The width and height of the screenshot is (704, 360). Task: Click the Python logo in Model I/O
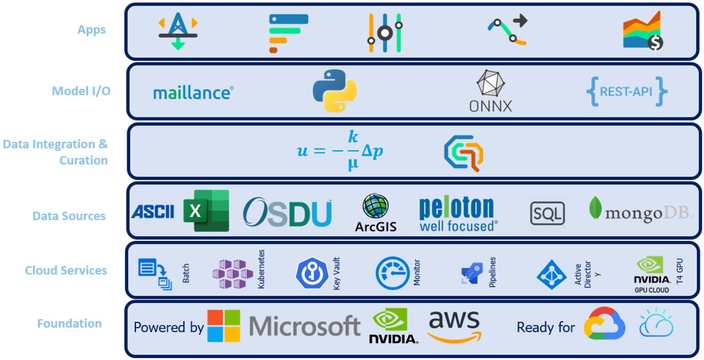pyautogui.click(x=335, y=91)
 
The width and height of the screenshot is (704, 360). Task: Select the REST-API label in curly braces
pyautogui.click(x=627, y=91)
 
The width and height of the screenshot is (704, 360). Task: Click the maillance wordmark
pyautogui.click(x=193, y=93)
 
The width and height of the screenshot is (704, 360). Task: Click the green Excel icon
pyautogui.click(x=206, y=210)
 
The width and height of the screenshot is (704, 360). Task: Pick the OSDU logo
pyautogui.click(x=287, y=212)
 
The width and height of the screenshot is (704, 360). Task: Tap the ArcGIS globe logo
pyautogui.click(x=375, y=213)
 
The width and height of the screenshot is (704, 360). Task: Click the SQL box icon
pyautogui.click(x=547, y=213)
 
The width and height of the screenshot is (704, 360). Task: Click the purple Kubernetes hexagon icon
pyautogui.click(x=232, y=273)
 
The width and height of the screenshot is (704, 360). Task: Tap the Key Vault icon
pyautogui.click(x=312, y=273)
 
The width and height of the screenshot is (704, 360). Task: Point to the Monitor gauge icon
pyautogui.click(x=393, y=273)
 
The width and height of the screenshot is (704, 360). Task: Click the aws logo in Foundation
pyautogui.click(x=454, y=326)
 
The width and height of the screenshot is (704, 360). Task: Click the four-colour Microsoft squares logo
pyautogui.click(x=223, y=326)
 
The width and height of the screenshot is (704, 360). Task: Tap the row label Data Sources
pyautogui.click(x=69, y=216)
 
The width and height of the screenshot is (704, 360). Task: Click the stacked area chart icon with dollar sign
pyautogui.click(x=642, y=31)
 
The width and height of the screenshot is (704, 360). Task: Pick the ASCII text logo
pyautogui.click(x=153, y=211)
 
